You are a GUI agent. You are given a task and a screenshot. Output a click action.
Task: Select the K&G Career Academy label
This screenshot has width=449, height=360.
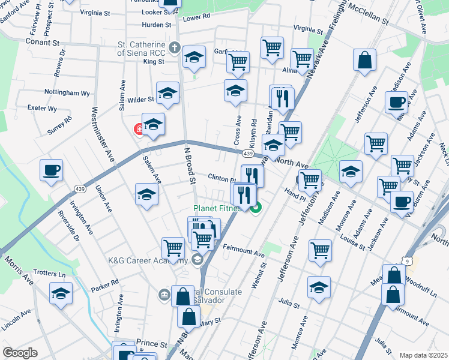click(x=146, y=260)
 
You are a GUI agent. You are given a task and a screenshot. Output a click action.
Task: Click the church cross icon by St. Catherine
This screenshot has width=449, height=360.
click(x=175, y=47)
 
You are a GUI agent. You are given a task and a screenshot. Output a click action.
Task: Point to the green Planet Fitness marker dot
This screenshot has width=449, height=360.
click(x=257, y=209)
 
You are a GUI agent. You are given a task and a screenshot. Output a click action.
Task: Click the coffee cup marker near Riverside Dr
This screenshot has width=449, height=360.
click(x=51, y=170)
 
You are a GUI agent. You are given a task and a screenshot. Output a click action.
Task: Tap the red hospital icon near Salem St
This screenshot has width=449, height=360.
click(x=139, y=128)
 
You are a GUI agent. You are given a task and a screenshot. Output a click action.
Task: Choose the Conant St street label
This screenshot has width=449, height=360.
click(x=43, y=43)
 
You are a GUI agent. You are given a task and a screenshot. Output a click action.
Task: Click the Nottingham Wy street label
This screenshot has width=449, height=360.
click(x=67, y=93)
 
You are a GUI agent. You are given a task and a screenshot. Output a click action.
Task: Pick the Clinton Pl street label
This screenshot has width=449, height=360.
click(x=223, y=179)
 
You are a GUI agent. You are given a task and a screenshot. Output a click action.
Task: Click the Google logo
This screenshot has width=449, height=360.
click(x=20, y=353)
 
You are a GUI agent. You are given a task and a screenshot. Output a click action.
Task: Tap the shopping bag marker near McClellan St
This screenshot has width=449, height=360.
click(x=364, y=61)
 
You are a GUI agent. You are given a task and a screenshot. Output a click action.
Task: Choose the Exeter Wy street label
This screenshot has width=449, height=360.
click(x=43, y=109)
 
